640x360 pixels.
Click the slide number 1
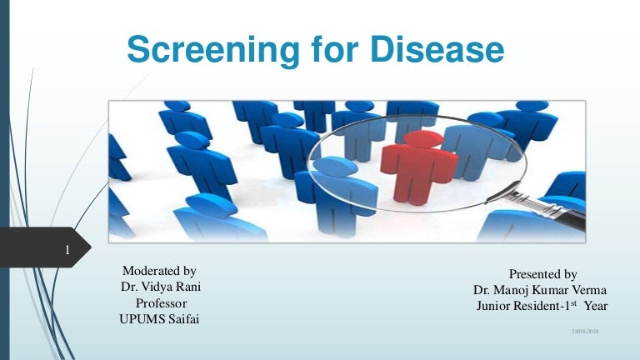[66, 250]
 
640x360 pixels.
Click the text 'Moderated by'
[159, 271]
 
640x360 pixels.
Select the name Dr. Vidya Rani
[161, 287]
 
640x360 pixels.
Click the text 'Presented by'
[542, 274]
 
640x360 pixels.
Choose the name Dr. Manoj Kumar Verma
[540, 290]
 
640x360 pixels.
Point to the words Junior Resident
[517, 307]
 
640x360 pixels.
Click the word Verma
[588, 290]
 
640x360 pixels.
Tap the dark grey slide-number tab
[46, 250]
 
